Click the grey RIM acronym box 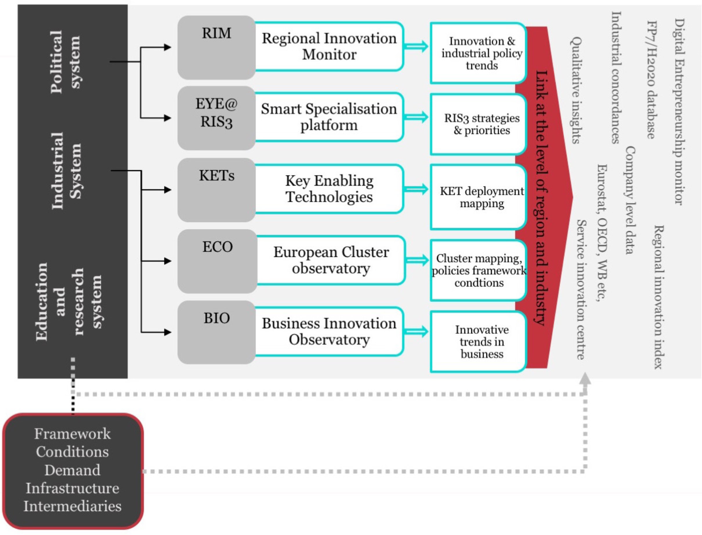coord(216,47)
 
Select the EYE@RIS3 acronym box coord(216,118)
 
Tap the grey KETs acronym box coord(216,189)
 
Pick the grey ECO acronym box coord(217,261)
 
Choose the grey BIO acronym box coord(216,332)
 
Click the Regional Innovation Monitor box coord(329,47)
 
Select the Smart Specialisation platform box coord(329,117)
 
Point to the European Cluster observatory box coord(331,260)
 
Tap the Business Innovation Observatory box coord(329,332)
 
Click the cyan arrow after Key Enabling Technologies coord(416,189)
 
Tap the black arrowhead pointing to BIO coord(167,332)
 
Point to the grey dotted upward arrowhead coord(585,379)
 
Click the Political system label coord(65,62)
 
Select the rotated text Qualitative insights coord(576,90)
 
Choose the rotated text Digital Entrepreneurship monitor coord(680,112)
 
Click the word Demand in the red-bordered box coord(72,470)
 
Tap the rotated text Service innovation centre coord(581,289)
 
